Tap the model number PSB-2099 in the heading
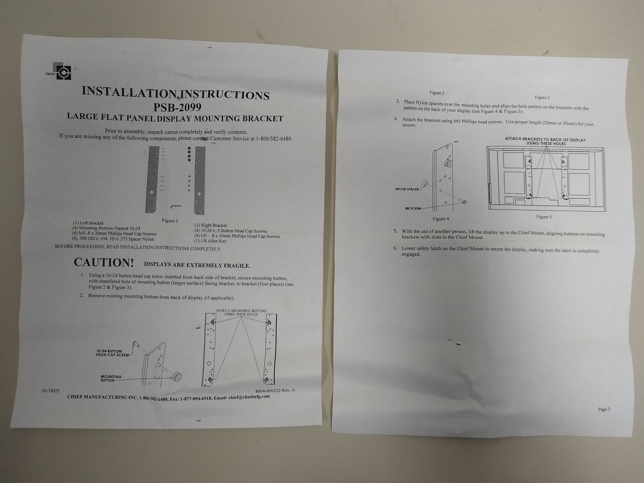(x=177, y=107)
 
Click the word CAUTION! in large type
(x=104, y=262)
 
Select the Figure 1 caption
(x=170, y=221)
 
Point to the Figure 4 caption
(x=441, y=219)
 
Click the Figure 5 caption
(x=544, y=217)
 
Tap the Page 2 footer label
(x=604, y=409)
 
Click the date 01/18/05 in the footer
(x=51, y=391)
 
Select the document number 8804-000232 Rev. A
(x=275, y=390)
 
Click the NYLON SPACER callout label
(x=407, y=189)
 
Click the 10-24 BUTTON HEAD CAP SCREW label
(x=113, y=353)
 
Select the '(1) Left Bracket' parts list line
(x=88, y=223)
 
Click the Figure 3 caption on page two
(x=542, y=98)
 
